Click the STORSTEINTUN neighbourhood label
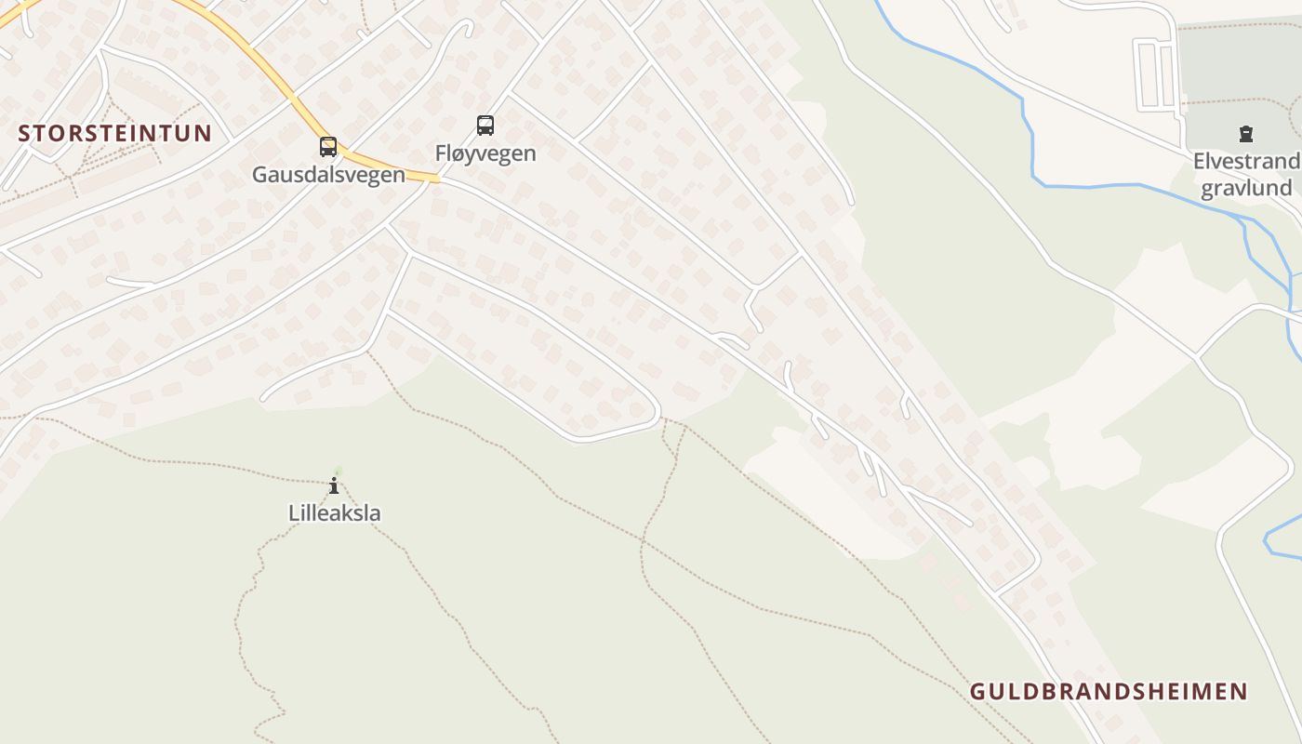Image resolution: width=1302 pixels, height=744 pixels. coord(115,133)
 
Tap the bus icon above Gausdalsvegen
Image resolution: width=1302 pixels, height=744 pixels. coord(327,147)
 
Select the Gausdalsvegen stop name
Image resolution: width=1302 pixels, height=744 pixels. coord(328,175)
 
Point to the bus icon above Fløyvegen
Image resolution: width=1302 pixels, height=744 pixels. coord(485,126)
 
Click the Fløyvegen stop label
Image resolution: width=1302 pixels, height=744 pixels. coord(485,153)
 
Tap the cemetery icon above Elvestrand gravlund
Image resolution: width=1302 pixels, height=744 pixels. coord(1246,135)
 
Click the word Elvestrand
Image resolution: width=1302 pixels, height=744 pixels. coord(1246,163)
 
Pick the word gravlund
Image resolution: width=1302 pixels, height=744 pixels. coord(1246,189)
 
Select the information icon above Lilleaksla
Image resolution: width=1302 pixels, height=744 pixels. coord(334,485)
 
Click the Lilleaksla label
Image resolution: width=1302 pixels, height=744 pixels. coord(334,513)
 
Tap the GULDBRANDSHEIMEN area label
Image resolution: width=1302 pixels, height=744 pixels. coord(1109,692)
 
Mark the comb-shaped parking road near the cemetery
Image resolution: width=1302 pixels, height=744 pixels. coord(1156,73)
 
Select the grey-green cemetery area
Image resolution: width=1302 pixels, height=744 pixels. coord(1237,65)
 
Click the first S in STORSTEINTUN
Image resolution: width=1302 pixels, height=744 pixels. coord(24,133)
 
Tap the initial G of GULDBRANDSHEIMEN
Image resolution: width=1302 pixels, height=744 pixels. coord(977,692)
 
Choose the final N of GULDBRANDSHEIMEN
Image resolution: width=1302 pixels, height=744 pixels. coord(1240,692)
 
